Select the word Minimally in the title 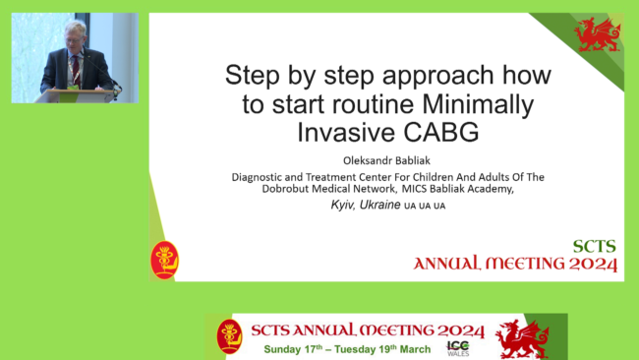pos(478,104)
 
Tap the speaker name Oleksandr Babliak pos(386,160)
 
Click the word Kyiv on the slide pos(341,205)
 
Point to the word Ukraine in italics pos(379,205)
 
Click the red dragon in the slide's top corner pos(597,34)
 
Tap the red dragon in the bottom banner pos(522,339)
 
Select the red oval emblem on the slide pos(164,260)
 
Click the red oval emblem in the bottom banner pos(229,336)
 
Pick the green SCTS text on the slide pos(594,247)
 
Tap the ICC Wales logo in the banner pos(458,348)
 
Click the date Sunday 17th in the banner pos(293,349)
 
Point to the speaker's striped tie pos(76,71)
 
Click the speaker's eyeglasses pos(74,40)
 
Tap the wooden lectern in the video pos(78,95)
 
